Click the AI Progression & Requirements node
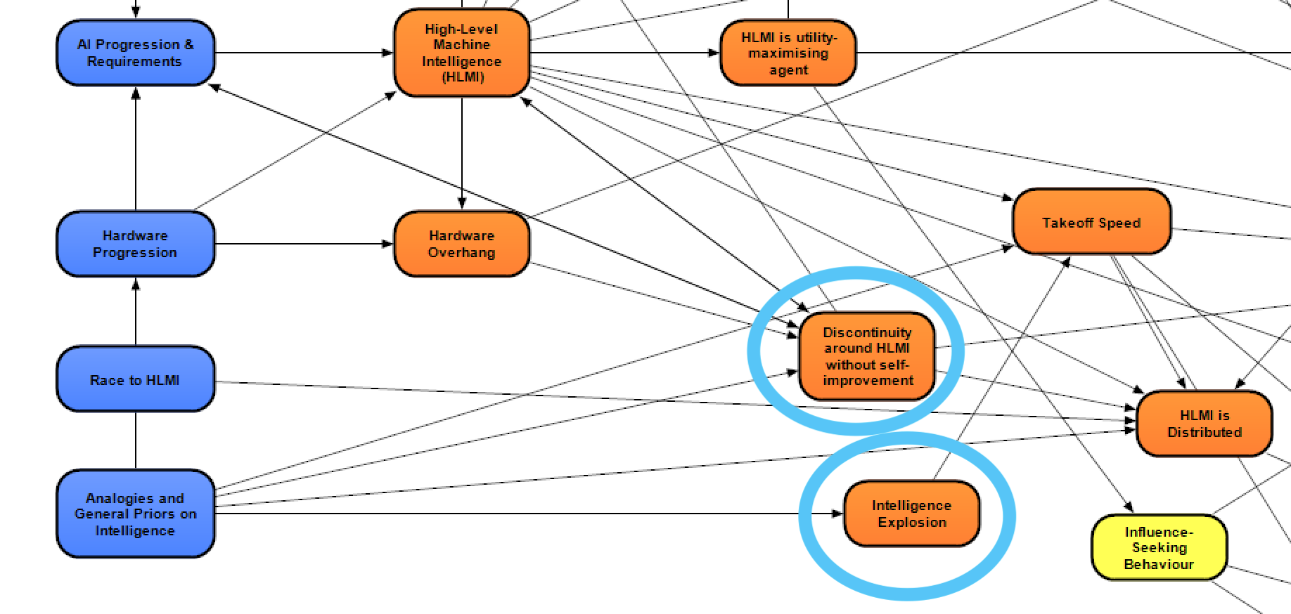point(136,53)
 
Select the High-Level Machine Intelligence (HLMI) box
point(461,53)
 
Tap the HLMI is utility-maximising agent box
point(788,53)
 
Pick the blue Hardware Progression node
point(136,244)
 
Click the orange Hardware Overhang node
point(461,244)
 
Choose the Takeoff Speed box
point(1091,222)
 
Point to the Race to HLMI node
point(136,379)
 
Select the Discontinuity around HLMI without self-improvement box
point(867,356)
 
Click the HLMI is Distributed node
point(1204,424)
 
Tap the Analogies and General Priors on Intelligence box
point(136,514)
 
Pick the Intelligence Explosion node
point(911,514)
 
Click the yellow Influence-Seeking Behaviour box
point(1159,548)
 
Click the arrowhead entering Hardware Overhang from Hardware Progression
point(388,244)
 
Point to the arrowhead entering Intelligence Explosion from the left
point(838,514)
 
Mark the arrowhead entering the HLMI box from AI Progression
point(388,53)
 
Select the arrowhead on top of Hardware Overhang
point(462,204)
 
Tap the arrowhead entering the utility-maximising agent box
point(714,53)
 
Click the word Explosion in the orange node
point(912,522)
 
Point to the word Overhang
point(461,253)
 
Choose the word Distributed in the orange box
point(1205,432)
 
